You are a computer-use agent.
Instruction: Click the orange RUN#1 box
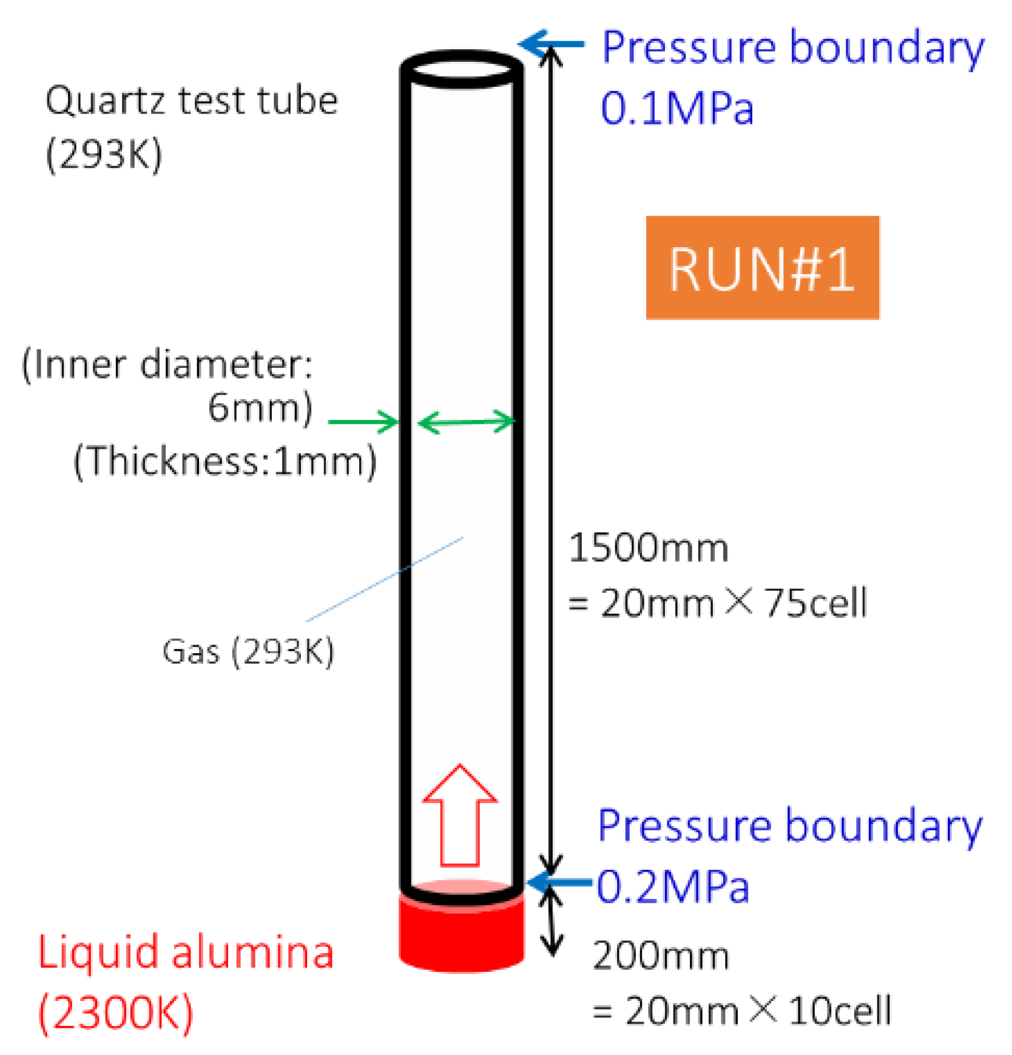click(762, 268)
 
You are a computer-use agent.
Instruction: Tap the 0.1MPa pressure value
click(676, 109)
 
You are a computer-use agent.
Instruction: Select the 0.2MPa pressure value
click(673, 887)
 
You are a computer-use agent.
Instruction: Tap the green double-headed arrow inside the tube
click(467, 421)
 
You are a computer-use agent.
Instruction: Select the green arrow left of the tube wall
click(363, 421)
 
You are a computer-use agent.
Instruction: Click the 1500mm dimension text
click(649, 548)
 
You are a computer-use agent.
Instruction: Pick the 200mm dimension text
click(661, 956)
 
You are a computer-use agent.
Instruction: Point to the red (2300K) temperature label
click(115, 1012)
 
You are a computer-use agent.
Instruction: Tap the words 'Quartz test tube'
click(192, 101)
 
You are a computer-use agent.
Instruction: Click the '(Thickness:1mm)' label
click(225, 461)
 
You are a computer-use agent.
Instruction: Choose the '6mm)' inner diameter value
click(260, 407)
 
